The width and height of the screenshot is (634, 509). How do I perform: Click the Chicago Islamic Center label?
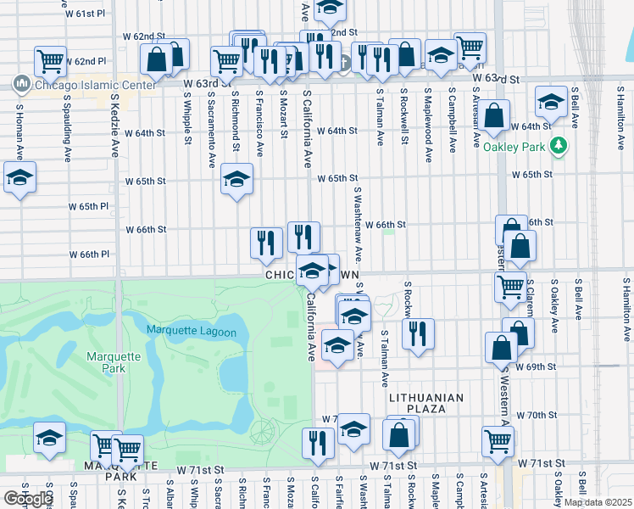click(x=91, y=84)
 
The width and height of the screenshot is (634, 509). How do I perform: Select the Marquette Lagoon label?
click(x=191, y=331)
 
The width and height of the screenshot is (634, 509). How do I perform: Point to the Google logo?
click(x=27, y=499)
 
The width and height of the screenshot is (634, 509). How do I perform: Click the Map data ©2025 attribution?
click(x=597, y=502)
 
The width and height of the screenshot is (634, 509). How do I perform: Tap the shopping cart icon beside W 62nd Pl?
click(x=50, y=61)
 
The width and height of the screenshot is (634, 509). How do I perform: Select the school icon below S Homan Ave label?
click(x=19, y=178)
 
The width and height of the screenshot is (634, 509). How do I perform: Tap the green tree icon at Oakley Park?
click(x=558, y=145)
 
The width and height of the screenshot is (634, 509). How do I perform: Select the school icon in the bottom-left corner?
click(x=50, y=439)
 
